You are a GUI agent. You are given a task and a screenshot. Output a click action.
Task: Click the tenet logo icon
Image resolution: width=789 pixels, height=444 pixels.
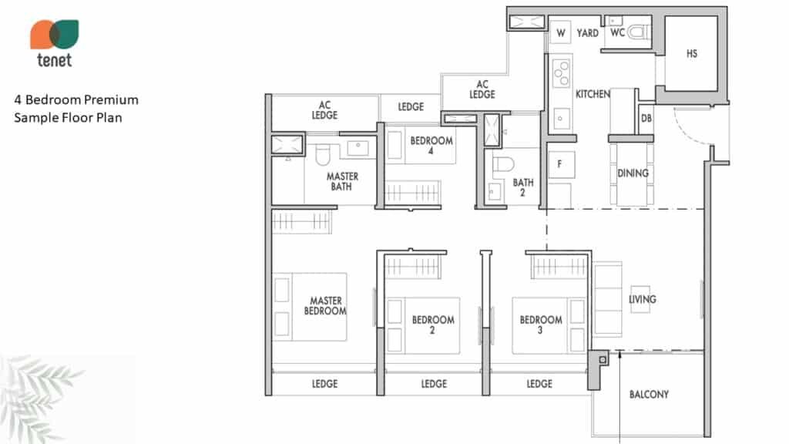(x=55, y=34)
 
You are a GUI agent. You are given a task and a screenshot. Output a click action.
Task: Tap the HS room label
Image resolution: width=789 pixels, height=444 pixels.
(x=692, y=53)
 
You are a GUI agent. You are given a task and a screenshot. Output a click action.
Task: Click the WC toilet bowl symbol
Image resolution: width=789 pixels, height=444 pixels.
(x=638, y=33)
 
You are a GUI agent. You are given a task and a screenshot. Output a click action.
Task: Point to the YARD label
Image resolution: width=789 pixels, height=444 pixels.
(x=588, y=33)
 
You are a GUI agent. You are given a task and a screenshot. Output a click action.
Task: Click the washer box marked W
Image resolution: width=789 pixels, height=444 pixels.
(x=561, y=33)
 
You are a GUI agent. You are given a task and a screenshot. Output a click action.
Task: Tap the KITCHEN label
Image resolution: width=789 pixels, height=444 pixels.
(x=593, y=94)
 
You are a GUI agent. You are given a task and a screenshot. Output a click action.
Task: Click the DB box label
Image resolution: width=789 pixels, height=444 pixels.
(x=646, y=118)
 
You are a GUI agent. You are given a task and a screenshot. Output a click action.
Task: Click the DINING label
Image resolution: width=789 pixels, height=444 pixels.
(x=633, y=173)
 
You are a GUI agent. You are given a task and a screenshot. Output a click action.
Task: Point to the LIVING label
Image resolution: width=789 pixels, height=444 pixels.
(x=643, y=299)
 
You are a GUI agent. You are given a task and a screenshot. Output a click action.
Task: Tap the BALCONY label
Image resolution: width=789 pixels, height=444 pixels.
(x=649, y=394)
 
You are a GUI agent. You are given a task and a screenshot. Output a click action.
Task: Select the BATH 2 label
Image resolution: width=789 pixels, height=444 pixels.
(x=523, y=187)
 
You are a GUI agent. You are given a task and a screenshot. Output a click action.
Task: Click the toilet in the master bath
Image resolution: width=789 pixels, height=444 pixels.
(x=323, y=154)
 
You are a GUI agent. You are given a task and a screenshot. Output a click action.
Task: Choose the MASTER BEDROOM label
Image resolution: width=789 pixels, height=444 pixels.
(x=325, y=305)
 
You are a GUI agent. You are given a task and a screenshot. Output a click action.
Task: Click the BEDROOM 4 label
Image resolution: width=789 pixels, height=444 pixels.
(x=431, y=145)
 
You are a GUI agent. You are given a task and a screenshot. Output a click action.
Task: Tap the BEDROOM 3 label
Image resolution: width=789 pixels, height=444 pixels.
(x=541, y=325)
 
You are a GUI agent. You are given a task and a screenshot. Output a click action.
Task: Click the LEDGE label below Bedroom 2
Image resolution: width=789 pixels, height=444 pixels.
(x=434, y=384)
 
